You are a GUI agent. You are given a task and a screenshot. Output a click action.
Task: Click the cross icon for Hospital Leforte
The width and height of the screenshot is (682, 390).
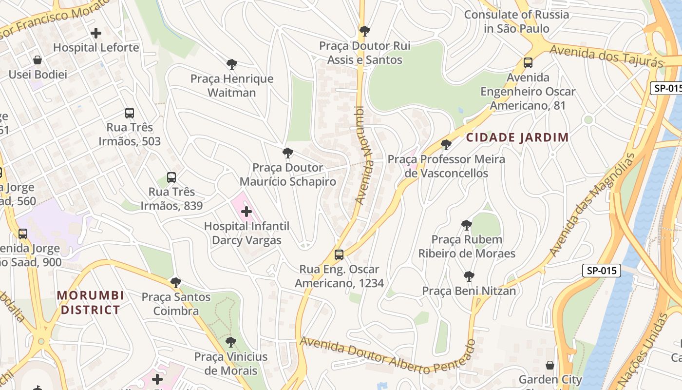(96, 33)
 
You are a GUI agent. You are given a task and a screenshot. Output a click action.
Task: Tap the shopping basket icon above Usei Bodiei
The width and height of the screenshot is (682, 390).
(38, 60)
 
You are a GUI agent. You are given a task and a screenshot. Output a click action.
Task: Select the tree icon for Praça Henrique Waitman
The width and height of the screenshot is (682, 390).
(232, 64)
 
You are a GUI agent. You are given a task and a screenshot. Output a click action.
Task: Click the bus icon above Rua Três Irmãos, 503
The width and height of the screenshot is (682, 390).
(129, 113)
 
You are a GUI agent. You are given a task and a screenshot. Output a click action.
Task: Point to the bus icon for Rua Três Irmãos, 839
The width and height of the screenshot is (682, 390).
(171, 177)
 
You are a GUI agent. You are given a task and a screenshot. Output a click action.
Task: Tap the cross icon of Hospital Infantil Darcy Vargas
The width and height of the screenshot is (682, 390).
(246, 212)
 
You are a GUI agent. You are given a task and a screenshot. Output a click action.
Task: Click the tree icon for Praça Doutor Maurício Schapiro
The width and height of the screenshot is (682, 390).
(288, 153)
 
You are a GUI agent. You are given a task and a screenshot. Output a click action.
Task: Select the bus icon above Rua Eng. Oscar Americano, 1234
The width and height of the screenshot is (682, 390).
(339, 255)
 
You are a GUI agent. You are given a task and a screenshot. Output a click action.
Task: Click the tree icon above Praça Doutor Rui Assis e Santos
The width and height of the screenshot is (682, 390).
(364, 32)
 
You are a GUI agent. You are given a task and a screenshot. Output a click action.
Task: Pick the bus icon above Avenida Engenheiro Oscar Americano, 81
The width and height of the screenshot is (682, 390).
(528, 63)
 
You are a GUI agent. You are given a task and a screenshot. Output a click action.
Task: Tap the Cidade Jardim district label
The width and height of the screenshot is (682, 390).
(517, 137)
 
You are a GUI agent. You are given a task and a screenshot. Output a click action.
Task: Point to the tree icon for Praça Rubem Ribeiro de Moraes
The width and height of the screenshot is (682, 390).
(467, 225)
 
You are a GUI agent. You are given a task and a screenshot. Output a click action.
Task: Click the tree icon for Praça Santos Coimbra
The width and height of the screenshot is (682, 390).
(176, 283)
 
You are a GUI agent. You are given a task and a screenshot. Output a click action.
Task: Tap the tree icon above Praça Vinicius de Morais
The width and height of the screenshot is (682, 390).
(231, 342)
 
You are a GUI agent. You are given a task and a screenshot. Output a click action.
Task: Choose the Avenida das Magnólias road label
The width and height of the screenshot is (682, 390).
(592, 205)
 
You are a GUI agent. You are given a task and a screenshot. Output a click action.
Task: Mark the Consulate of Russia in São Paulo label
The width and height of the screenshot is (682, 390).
(516, 21)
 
